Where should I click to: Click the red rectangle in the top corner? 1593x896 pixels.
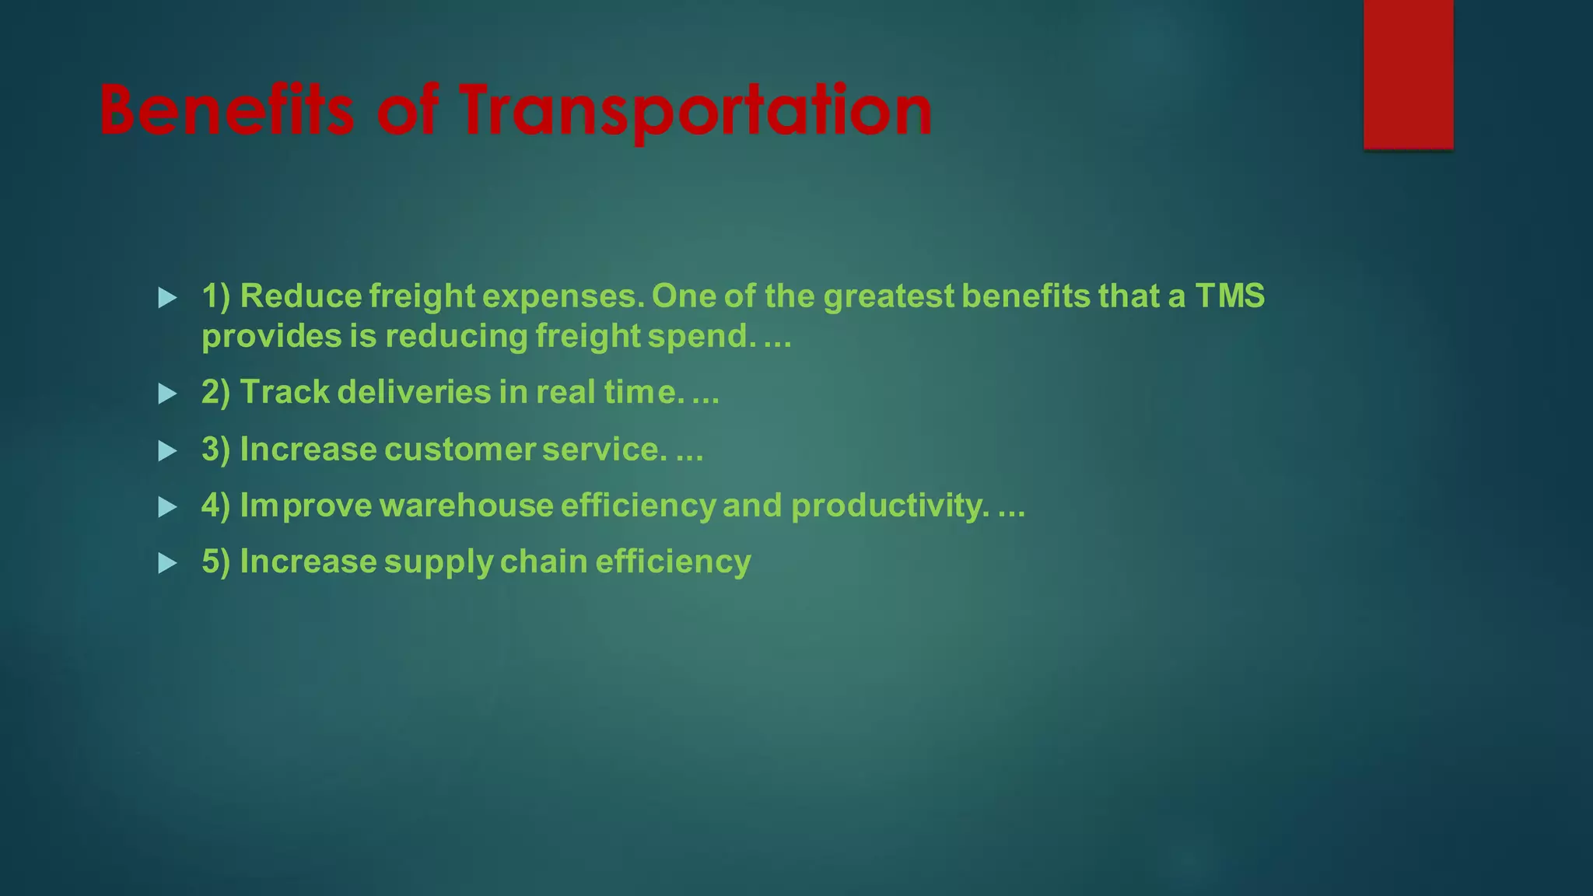tap(1408, 74)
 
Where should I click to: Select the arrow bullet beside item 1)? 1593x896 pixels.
tap(167, 297)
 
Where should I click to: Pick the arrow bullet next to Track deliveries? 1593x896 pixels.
tap(167, 394)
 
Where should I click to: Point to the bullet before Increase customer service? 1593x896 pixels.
tap(167, 451)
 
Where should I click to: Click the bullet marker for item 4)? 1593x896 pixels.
tap(167, 507)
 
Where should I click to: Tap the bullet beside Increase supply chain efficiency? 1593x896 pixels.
tap(167, 563)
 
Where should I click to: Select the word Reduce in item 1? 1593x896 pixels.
tap(301, 296)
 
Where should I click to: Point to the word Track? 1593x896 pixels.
tap(285, 392)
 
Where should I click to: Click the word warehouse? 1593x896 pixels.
tap(466, 506)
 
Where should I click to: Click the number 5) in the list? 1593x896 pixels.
tap(215, 562)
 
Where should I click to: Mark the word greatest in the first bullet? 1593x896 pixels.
tap(888, 296)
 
